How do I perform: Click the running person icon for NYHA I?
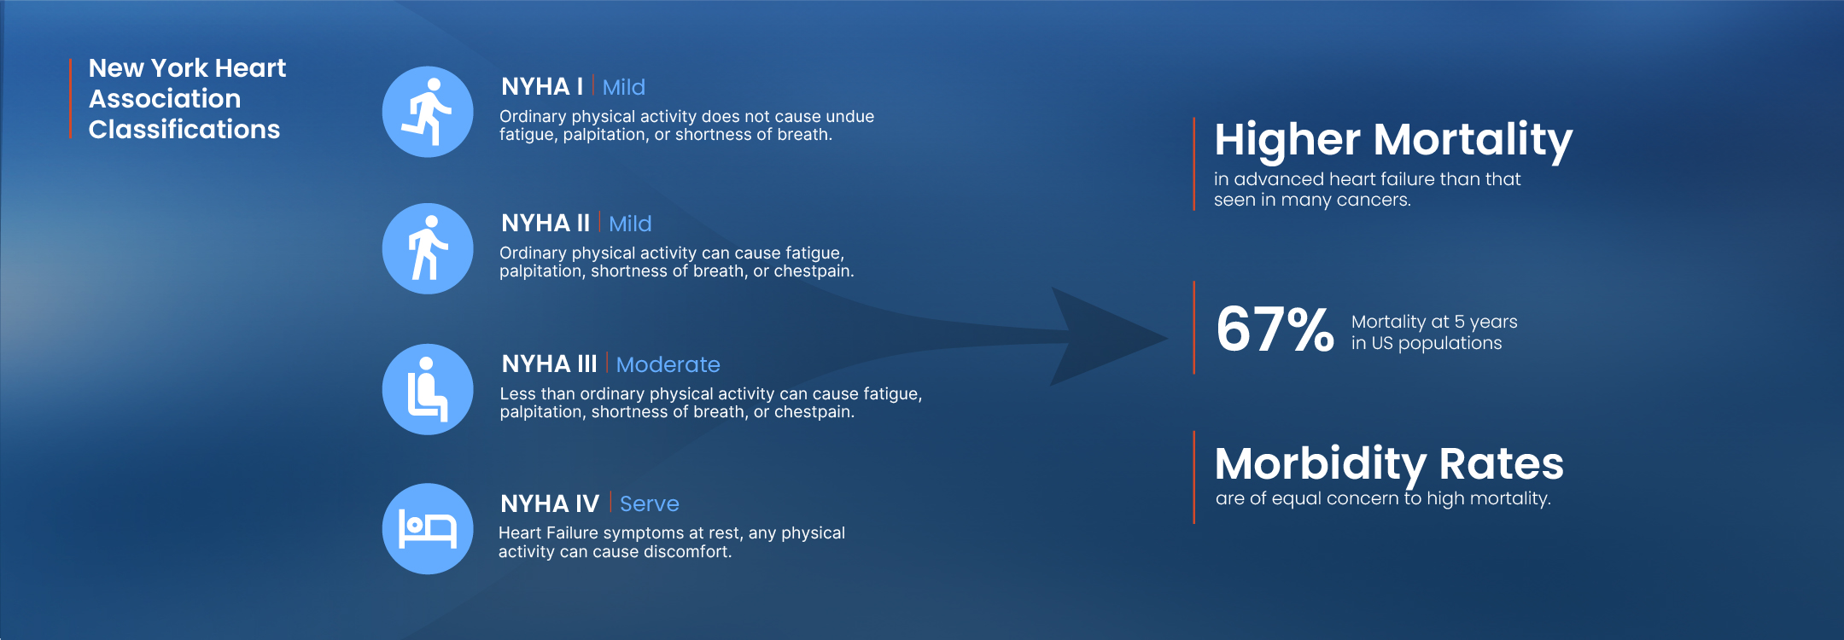pos(427,112)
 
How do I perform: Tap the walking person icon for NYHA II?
pos(427,248)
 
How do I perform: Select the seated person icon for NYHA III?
pos(427,389)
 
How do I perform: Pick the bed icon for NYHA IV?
pos(427,529)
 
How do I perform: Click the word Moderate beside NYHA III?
pos(668,364)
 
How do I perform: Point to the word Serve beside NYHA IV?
pos(649,503)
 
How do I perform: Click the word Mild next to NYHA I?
pos(623,87)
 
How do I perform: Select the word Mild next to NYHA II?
pos(630,224)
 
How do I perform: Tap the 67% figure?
pos(1275,329)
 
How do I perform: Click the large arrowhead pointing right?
pos(1110,337)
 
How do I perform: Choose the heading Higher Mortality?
pos(1393,140)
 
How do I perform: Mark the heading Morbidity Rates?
pos(1389,463)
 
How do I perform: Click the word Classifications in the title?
pos(184,129)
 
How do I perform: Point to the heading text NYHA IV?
pos(550,503)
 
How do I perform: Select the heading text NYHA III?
pos(549,364)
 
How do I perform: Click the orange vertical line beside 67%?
pos(1193,328)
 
